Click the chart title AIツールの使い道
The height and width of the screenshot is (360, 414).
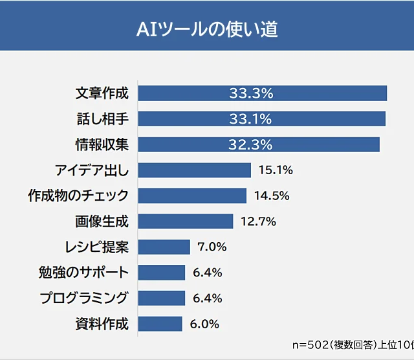(207, 30)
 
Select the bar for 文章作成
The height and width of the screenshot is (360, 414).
(262, 93)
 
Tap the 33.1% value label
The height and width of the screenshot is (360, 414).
(250, 118)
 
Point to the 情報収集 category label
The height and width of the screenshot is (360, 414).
(102, 144)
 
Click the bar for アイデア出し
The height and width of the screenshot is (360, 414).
(194, 170)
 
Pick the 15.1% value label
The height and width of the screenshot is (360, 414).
(276, 170)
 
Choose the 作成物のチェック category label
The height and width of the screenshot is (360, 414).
(78, 196)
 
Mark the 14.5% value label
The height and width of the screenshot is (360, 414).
(271, 196)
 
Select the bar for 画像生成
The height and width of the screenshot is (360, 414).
(185, 221)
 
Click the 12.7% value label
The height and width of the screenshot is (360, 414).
(258, 221)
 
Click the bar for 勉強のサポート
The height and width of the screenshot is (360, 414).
(161, 273)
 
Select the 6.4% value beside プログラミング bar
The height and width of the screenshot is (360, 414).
(207, 298)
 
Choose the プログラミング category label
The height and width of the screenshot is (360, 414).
(84, 298)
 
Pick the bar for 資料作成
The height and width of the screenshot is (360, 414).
(160, 324)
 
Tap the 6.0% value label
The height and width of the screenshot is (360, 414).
(204, 324)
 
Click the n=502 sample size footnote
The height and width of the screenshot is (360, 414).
(353, 344)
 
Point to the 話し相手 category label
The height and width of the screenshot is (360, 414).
(102, 119)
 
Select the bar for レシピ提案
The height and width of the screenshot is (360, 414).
(164, 247)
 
